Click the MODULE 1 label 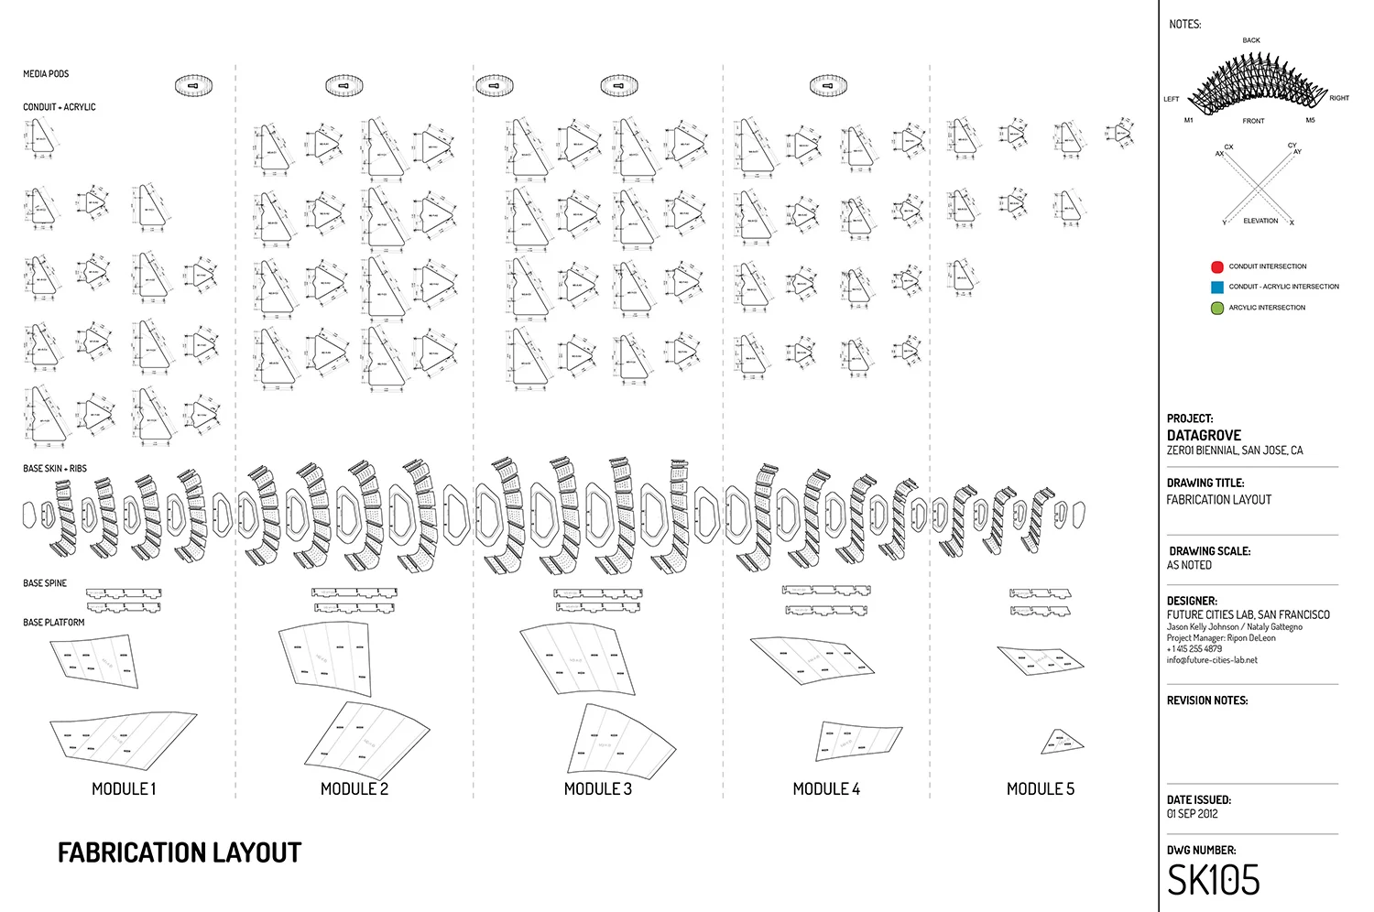124,788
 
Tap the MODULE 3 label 597,788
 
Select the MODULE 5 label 1040,788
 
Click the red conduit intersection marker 1216,267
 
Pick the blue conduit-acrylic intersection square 1216,287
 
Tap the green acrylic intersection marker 1216,308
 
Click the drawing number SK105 1213,881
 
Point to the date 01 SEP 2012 1192,813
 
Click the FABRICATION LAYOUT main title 180,853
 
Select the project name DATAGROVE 1204,435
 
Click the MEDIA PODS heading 46,74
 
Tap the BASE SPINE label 45,583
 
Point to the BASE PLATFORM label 53,623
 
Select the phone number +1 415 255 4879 1194,648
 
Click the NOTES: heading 1184,24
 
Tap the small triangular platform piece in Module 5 1062,743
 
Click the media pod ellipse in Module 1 193,86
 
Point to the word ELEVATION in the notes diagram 1259,221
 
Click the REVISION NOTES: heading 1206,700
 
